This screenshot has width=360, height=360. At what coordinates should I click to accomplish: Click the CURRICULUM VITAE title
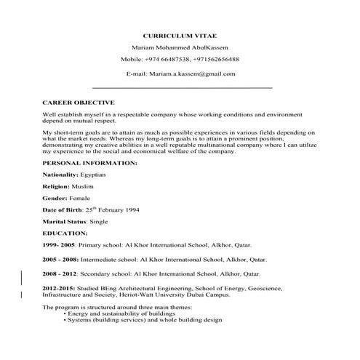pyautogui.click(x=180, y=34)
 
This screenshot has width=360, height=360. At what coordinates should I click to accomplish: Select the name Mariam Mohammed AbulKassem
pyautogui.click(x=180, y=47)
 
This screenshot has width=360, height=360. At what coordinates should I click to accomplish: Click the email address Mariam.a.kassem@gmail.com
pyautogui.click(x=199, y=73)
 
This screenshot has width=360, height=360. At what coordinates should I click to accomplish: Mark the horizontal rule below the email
pyautogui.click(x=180, y=88)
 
